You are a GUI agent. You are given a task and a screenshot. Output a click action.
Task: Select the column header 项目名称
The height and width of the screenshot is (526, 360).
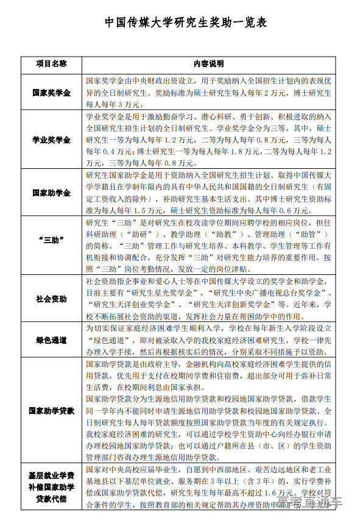[51, 63]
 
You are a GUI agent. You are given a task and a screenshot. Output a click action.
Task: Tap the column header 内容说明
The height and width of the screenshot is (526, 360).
[209, 63]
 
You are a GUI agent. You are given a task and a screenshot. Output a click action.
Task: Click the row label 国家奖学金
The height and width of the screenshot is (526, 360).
[51, 93]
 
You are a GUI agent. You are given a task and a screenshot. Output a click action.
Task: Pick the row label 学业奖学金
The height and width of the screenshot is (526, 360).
[51, 140]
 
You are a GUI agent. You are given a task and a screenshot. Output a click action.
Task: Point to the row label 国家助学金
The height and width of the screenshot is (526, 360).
[51, 192]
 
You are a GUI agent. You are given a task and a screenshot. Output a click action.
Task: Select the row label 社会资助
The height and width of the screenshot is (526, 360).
[51, 299]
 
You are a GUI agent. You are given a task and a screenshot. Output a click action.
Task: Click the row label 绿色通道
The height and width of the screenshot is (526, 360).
[51, 339]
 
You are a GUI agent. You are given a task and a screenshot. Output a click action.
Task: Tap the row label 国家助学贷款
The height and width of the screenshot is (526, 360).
[51, 411]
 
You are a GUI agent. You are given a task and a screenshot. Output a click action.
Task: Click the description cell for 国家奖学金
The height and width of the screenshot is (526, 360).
[209, 93]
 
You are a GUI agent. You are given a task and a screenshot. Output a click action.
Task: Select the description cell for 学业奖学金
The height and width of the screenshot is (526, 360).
[209, 140]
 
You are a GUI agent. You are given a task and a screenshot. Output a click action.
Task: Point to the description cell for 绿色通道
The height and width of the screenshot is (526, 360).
[209, 339]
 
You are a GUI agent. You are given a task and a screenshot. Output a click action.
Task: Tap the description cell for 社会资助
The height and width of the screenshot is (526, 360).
[209, 299]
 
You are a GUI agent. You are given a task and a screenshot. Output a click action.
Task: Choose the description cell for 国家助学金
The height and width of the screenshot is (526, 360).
[209, 192]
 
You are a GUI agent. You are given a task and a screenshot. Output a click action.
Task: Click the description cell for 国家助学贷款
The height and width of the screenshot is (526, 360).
[209, 411]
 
